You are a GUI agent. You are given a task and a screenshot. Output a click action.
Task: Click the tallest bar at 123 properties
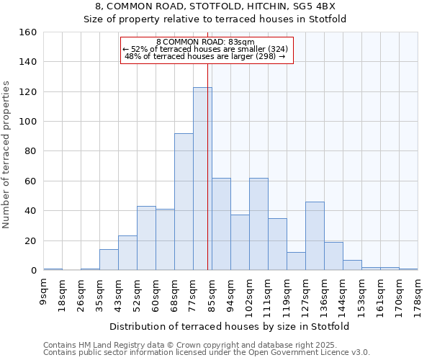click(202, 179)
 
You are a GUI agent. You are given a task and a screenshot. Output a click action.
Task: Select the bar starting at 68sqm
click(184, 202)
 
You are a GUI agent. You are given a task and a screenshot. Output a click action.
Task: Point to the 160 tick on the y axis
click(28, 32)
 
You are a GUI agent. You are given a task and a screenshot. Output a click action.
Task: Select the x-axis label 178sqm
click(418, 294)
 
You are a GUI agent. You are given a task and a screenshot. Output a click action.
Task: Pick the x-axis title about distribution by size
click(230, 326)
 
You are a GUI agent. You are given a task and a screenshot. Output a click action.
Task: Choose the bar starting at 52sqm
click(146, 238)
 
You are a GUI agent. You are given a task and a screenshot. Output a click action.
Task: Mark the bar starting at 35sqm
click(109, 260)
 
